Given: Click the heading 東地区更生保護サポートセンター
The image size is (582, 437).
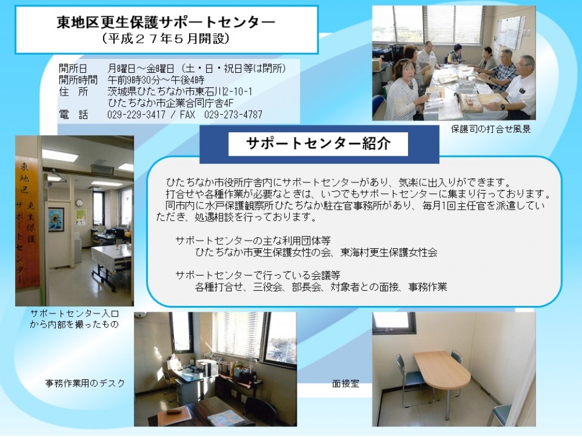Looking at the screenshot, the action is point(165,22).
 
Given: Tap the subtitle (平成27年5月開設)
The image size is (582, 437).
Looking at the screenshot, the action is point(165,38).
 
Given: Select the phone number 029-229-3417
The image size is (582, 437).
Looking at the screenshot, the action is point(136,114).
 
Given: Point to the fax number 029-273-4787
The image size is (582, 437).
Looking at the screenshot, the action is point(233,114).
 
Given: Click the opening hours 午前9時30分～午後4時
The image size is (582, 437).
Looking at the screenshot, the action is point(156,80).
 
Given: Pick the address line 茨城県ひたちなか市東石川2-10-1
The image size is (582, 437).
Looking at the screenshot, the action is point(180,91).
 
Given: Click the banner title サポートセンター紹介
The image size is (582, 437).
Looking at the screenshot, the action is point(318,143).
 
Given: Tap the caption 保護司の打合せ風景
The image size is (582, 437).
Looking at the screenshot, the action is point(491,129).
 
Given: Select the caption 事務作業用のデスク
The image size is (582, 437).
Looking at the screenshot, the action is point(85,383).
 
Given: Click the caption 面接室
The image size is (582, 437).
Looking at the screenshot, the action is point(346,383).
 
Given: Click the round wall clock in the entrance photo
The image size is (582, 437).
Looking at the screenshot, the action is point(79,203).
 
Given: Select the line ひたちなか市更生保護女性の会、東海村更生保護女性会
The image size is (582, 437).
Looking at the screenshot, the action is point(316,253).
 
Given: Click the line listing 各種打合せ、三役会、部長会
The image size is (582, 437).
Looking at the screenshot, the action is point(321,287).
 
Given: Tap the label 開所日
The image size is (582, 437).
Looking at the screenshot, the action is point(73,68).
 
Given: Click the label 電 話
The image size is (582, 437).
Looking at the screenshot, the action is point(73,114).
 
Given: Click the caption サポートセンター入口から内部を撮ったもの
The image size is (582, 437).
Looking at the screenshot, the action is point(74,319).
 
